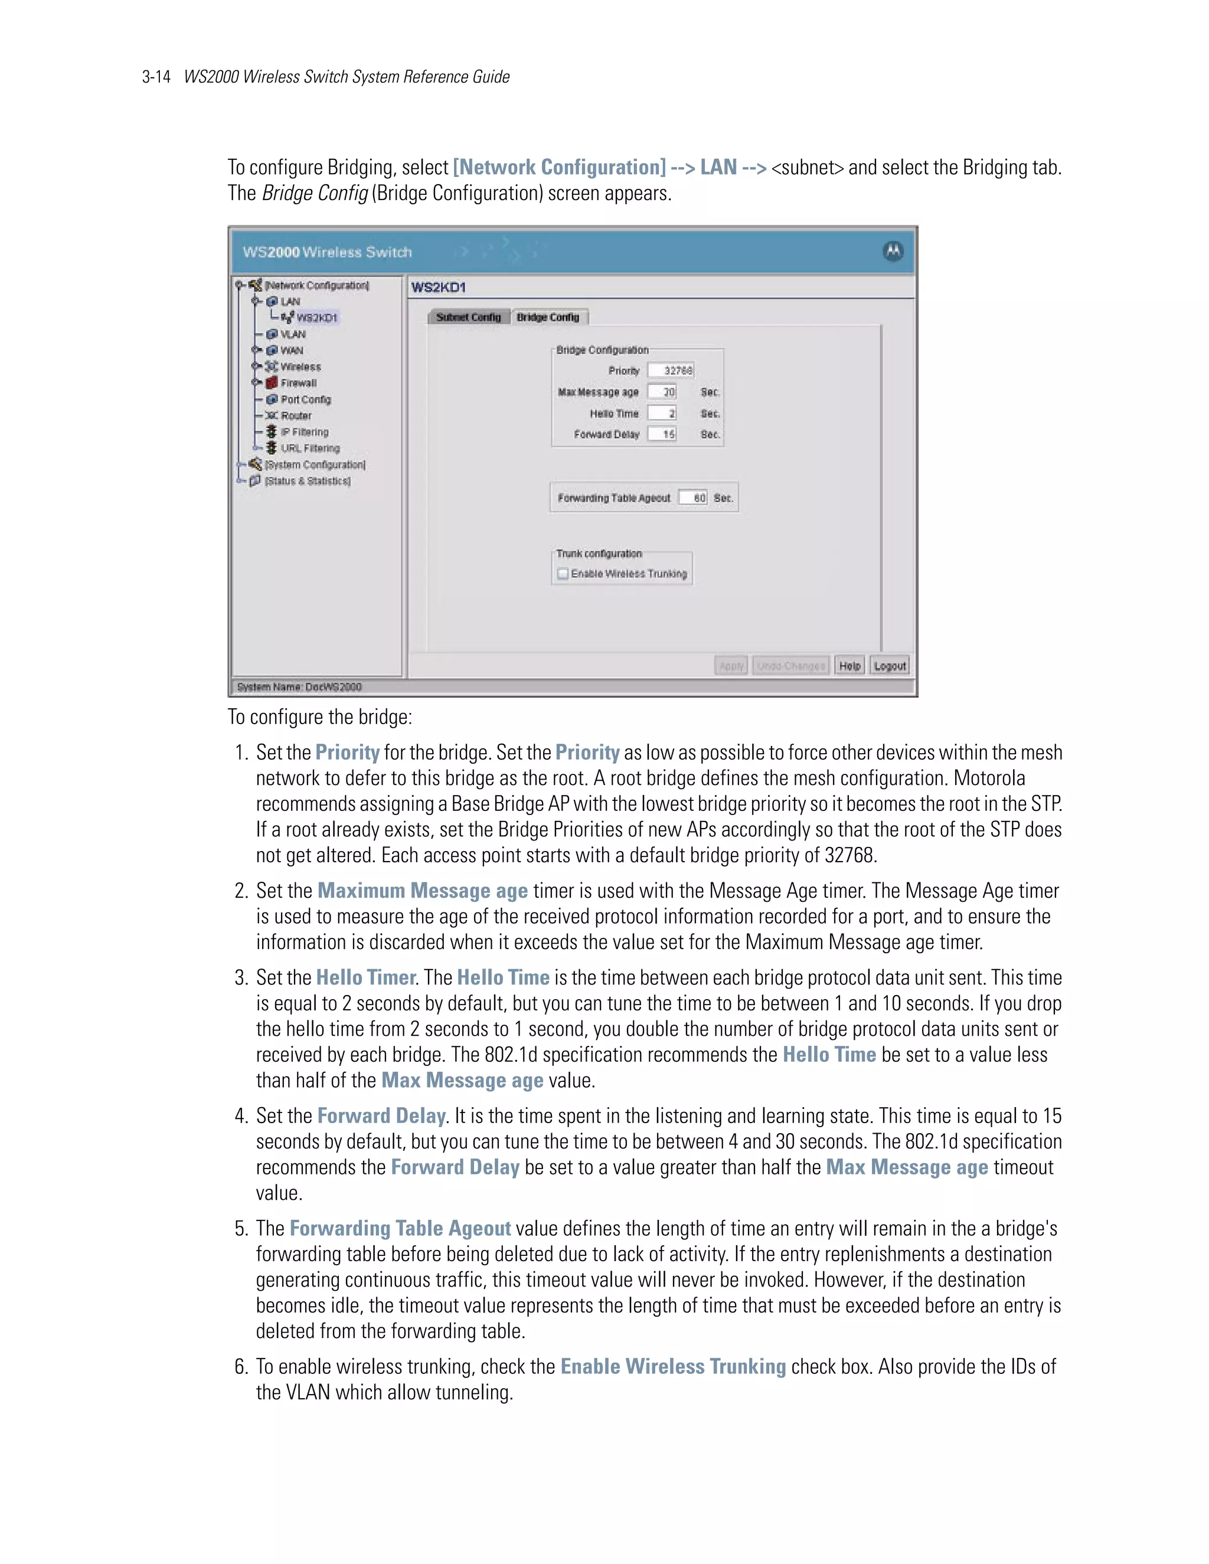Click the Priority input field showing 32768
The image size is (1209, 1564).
pos(671,370)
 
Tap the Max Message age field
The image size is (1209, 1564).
pos(662,392)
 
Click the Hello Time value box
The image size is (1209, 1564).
pos(662,413)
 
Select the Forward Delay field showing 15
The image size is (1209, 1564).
pos(662,434)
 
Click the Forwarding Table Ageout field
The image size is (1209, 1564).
pos(693,498)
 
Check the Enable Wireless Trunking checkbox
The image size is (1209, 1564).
pos(563,574)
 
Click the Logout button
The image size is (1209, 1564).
pos(890,666)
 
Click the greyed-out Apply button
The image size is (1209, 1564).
pos(731,666)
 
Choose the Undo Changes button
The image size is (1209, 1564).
pos(790,666)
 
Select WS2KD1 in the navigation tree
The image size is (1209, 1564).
pos(316,318)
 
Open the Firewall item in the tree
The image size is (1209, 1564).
pos(298,383)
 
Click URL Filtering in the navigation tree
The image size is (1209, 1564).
pos(309,449)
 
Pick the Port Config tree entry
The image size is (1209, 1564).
pos(305,400)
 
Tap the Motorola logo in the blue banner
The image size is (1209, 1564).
pos(893,251)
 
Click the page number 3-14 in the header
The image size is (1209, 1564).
pos(156,77)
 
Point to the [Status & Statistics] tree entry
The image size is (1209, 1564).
pos(307,481)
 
